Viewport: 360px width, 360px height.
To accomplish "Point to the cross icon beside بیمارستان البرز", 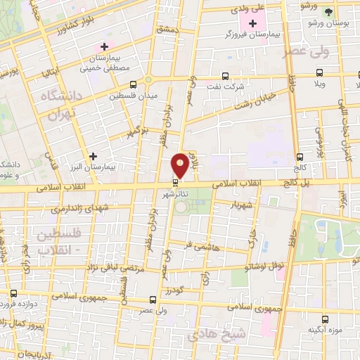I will coord(92,155).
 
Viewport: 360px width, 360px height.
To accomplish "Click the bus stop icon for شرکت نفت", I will coord(225,76).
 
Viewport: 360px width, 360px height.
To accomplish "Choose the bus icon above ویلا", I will coord(320,72).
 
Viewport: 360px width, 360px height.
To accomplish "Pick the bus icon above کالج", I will coord(300,157).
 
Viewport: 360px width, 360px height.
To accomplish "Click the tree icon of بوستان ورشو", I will coord(328,12).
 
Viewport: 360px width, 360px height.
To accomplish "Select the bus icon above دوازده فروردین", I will coord(13,292).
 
